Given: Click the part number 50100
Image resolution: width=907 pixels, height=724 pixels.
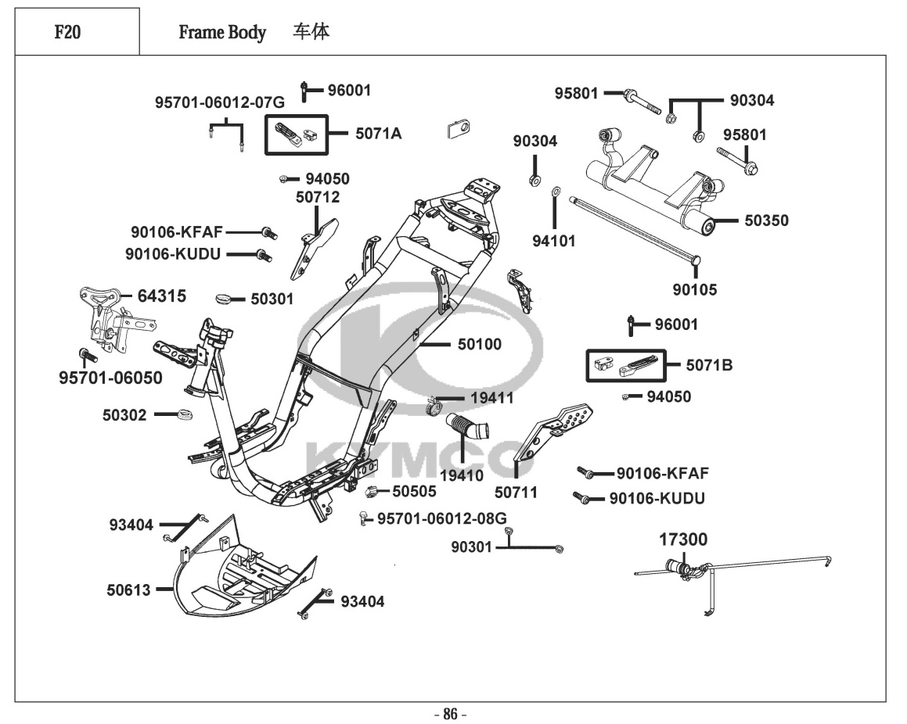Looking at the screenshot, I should (480, 344).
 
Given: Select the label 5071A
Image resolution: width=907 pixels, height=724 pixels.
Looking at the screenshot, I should (378, 134).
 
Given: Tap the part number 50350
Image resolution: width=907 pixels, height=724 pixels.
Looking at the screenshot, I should (766, 221).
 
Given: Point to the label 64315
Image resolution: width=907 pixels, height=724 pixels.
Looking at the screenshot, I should (162, 296).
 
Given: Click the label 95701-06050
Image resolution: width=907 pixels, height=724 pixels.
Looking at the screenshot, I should (110, 378).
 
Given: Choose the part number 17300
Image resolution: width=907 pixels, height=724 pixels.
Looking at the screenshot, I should (682, 539).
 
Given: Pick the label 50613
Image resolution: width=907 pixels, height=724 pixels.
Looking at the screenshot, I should (128, 590).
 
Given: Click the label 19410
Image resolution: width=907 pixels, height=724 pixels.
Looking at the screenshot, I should (461, 475).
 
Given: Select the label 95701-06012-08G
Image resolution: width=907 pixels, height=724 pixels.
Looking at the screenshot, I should (442, 518).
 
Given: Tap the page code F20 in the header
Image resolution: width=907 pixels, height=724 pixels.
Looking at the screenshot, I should (69, 33).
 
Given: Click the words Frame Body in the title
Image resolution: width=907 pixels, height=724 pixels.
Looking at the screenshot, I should (222, 33).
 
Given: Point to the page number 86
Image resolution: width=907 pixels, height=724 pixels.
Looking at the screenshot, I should (450, 713).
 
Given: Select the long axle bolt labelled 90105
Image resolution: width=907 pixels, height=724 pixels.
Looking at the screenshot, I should (634, 229).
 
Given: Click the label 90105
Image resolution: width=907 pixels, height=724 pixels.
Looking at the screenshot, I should (694, 289).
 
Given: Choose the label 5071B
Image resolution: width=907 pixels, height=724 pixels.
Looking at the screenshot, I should (709, 365).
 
